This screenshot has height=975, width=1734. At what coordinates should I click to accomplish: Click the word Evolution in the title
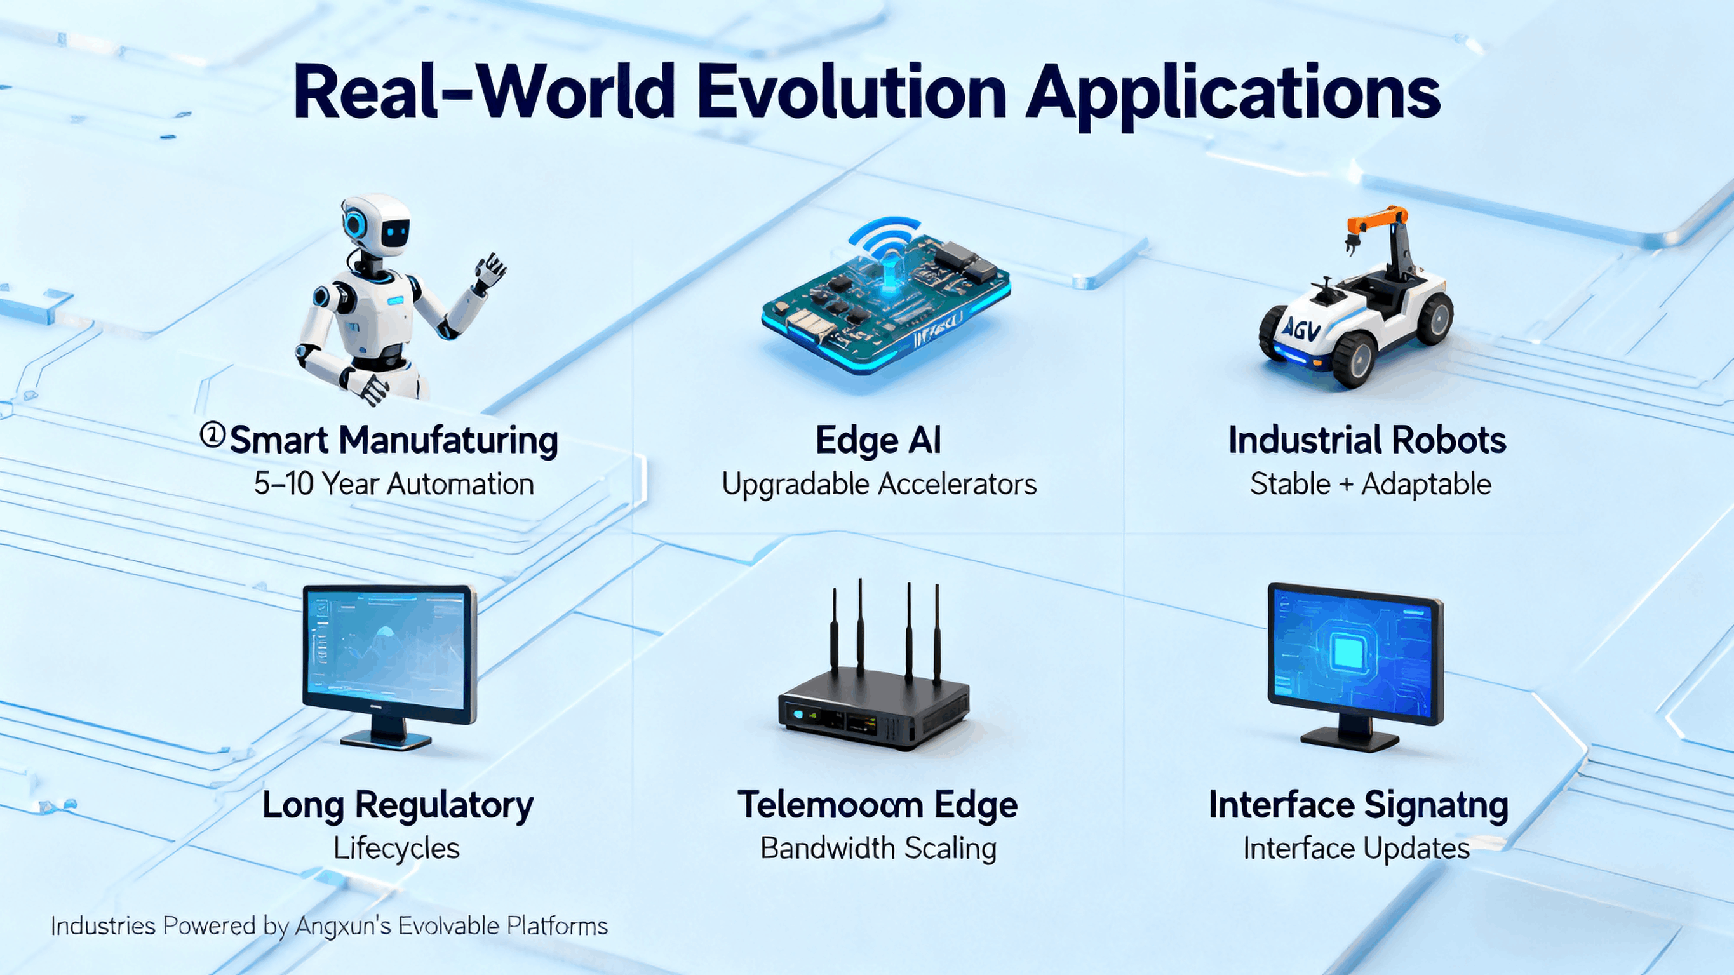point(851,92)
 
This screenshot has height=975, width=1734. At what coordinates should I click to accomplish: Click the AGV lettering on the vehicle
point(1301,329)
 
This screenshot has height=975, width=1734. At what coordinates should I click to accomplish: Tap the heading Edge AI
point(878,440)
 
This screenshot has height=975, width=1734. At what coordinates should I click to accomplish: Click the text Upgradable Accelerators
point(878,484)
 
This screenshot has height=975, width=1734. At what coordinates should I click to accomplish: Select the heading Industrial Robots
point(1366,440)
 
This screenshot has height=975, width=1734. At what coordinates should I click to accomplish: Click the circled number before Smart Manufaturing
point(213,436)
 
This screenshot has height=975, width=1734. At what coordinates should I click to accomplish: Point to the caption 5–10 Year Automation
point(394,484)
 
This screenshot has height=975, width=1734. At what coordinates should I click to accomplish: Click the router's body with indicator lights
point(874,716)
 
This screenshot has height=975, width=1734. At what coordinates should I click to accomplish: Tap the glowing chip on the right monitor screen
point(1348,652)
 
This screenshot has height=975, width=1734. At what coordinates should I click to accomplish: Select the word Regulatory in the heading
point(443,805)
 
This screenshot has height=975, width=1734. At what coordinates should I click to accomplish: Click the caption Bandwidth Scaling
point(878,848)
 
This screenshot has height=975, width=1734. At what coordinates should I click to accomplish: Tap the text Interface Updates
point(1355,848)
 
